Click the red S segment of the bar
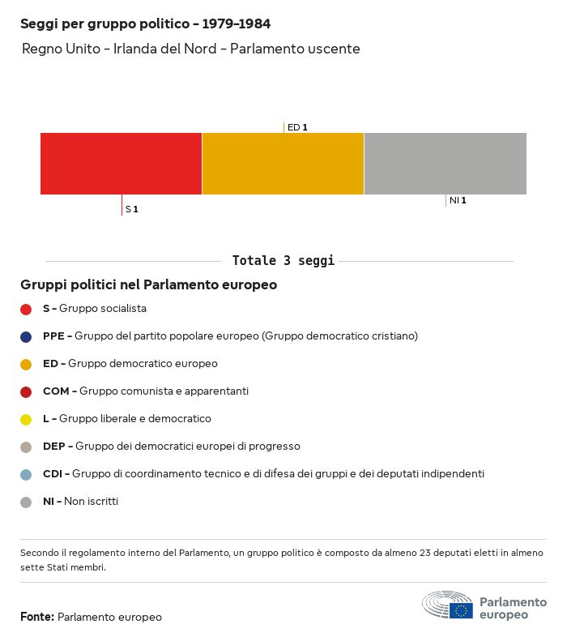tap(121, 164)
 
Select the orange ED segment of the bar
tap(283, 164)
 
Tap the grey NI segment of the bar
tap(446, 164)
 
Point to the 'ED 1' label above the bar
tap(297, 127)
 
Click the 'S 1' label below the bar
tap(132, 210)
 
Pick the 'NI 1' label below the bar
tap(458, 200)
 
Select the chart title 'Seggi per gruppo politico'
tap(145, 24)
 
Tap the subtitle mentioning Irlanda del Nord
tap(190, 49)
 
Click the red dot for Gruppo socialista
tap(26, 309)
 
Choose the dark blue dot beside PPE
tap(26, 336)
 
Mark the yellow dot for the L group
tap(26, 419)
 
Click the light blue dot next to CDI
tap(26, 474)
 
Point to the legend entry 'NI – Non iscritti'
tap(80, 502)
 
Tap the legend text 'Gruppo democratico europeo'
tap(143, 364)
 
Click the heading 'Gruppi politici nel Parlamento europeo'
tap(148, 285)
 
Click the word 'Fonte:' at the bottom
tap(37, 618)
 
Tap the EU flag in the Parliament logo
tap(462, 610)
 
